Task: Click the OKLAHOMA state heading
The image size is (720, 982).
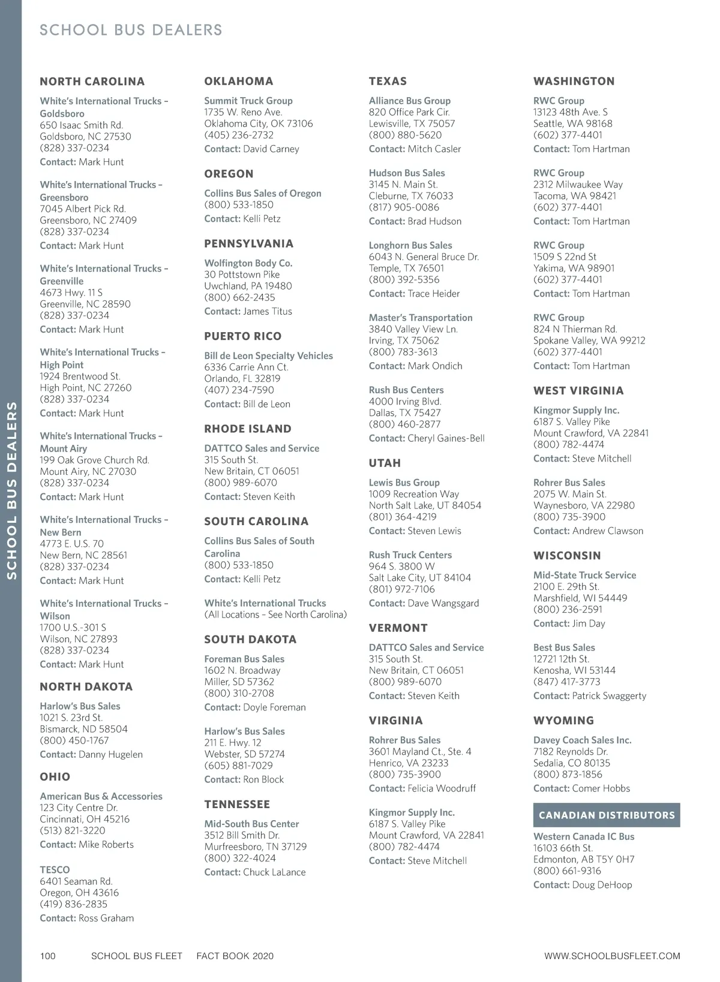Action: (238, 81)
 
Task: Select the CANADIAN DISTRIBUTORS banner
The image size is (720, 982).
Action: (606, 815)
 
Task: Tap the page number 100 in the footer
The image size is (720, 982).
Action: (47, 956)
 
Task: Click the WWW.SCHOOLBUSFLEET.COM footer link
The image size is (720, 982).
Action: (612, 956)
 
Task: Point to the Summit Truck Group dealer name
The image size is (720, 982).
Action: (248, 101)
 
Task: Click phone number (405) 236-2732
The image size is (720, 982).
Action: (239, 135)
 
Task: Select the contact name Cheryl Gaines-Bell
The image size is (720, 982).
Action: (446, 438)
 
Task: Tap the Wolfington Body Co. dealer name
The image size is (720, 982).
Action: (248, 263)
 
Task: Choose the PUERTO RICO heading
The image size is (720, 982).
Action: (242, 336)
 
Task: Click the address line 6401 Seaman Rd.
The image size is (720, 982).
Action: (76, 881)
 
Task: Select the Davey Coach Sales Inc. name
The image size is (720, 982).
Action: (582, 740)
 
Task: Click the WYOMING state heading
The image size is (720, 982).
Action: (563, 721)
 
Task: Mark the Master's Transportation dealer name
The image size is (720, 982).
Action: (420, 318)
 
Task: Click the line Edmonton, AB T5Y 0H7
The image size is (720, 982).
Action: (583, 859)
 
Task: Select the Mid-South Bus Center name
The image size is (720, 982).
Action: (251, 824)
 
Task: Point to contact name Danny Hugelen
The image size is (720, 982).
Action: (110, 754)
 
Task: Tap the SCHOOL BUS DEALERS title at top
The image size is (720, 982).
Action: (131, 30)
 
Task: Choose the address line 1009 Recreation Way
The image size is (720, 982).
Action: (413, 494)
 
